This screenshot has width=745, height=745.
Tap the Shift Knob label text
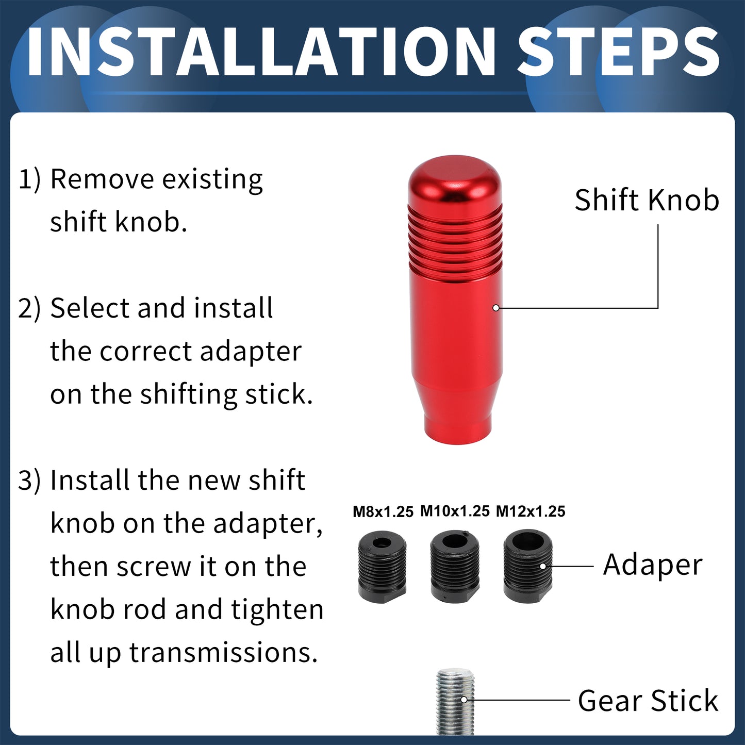tap(647, 200)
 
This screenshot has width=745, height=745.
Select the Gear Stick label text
tap(648, 700)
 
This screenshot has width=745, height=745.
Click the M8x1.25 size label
tap(383, 511)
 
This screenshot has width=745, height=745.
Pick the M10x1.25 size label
tap(455, 511)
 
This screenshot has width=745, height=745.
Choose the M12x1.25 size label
tap(531, 511)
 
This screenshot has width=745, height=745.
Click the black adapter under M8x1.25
tap(382, 568)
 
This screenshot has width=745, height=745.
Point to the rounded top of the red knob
tap(455, 180)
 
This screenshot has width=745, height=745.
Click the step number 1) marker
tap(29, 179)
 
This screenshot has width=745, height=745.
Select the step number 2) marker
tap(29, 308)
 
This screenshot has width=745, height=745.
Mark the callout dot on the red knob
tap(496, 308)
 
